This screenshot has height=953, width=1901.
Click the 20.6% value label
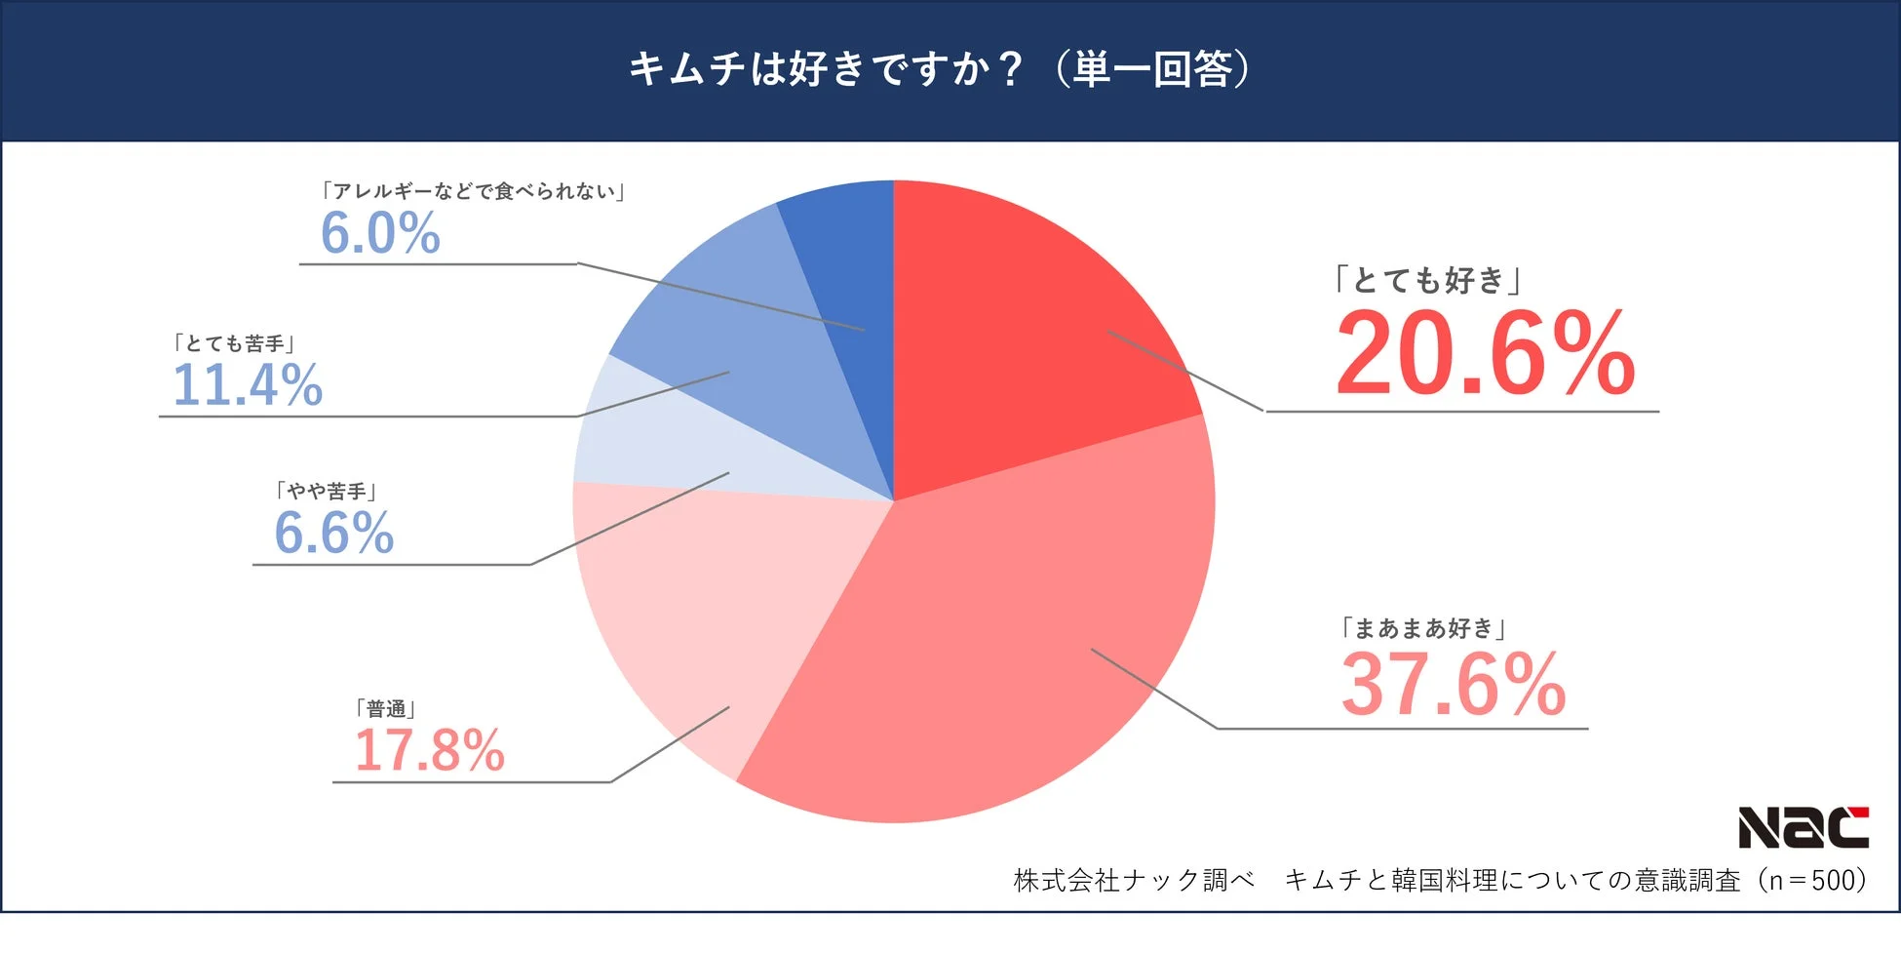point(1485,353)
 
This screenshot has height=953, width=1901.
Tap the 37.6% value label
point(1453,685)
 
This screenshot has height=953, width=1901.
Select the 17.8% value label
point(429,750)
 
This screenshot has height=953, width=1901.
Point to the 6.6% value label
point(333,533)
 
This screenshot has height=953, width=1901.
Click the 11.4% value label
point(248,384)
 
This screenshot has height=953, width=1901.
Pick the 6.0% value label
point(380,233)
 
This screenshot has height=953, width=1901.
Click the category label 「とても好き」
point(1429,280)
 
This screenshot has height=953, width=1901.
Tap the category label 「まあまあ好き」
point(1423,628)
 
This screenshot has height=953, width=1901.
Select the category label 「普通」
point(386,708)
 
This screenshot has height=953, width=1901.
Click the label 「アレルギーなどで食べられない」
point(474,191)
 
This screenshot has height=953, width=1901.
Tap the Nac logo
point(1804,828)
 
